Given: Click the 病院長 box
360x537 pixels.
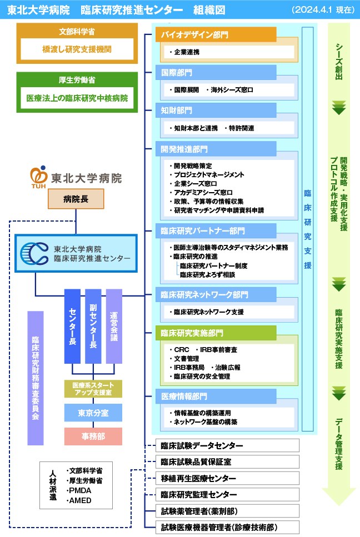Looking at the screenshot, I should (76, 199).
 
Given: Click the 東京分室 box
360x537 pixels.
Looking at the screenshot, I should (93, 413).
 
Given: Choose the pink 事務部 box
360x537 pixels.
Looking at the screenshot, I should (93, 436).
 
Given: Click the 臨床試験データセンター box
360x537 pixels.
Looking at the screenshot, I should (222, 446).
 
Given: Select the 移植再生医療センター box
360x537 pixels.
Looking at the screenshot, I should (222, 478).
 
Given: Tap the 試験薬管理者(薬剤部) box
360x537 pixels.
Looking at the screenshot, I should (222, 511).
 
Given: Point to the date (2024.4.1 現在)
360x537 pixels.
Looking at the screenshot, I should (323, 10).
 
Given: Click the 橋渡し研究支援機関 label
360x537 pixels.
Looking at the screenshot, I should (77, 49).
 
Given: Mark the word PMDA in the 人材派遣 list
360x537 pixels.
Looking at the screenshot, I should (79, 490).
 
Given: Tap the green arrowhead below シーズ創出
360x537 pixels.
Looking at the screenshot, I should (339, 108).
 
